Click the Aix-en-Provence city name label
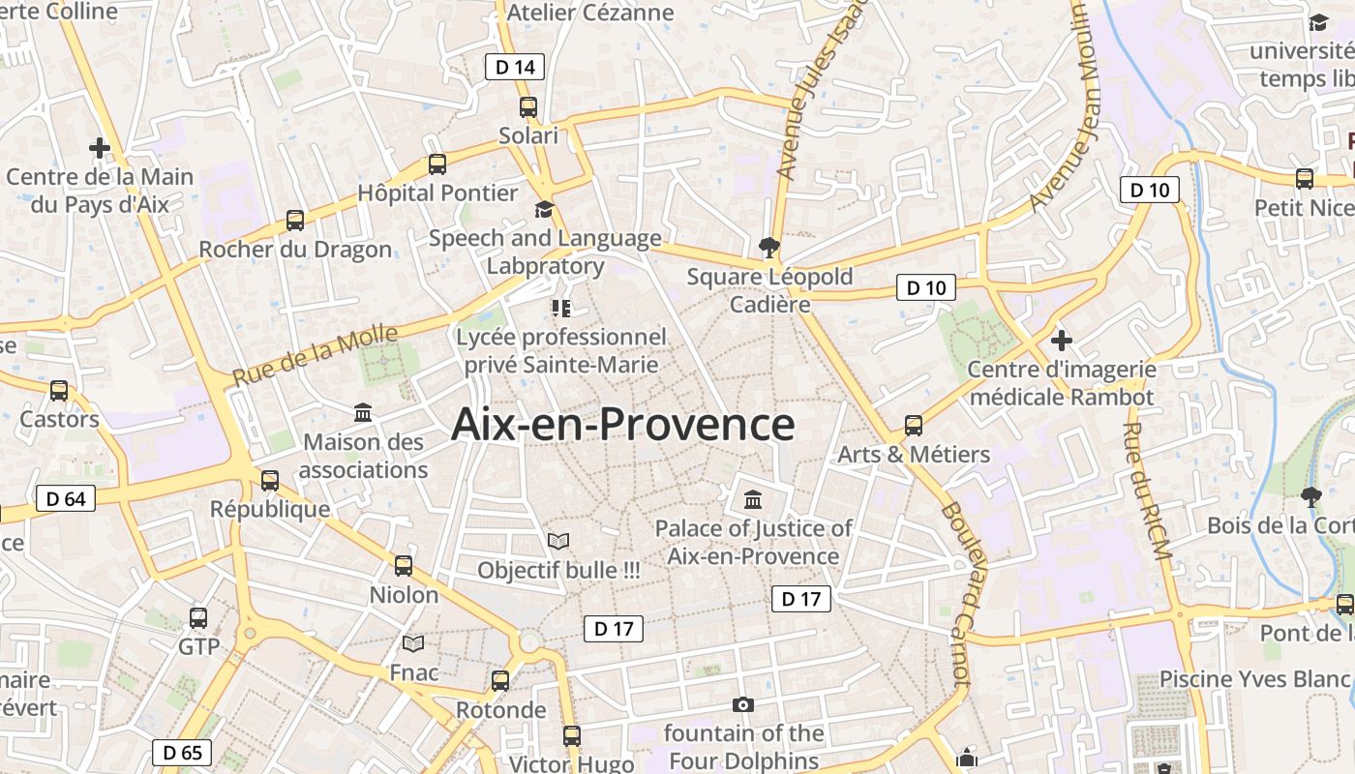tap(623, 425)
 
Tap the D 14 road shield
tap(514, 67)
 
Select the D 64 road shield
tap(66, 498)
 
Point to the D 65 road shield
tap(182, 752)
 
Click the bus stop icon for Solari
tap(528, 107)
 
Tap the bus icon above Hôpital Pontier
tap(437, 164)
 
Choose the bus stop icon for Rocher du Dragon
tap(295, 221)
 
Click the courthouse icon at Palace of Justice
tap(753, 499)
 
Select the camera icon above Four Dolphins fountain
tap(743, 704)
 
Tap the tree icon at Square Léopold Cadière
tap(769, 248)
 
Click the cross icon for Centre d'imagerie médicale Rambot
tap(1062, 340)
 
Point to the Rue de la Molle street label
tap(315, 355)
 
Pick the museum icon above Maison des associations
tap(363, 413)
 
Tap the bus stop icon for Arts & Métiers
tap(914, 425)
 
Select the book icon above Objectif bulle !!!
tap(558, 541)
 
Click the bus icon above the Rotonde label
tap(500, 680)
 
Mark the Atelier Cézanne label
tap(590, 13)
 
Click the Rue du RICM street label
tap(1148, 491)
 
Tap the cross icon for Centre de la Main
tap(100, 148)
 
